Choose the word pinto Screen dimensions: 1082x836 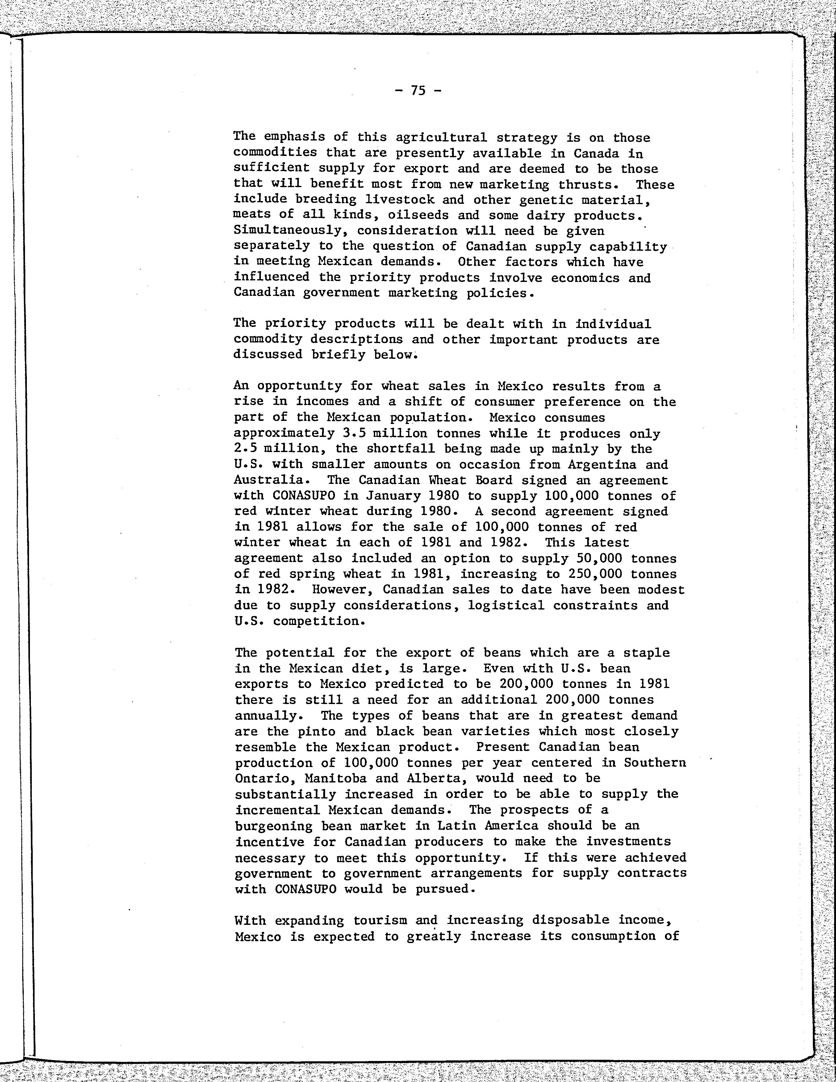(314, 732)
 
